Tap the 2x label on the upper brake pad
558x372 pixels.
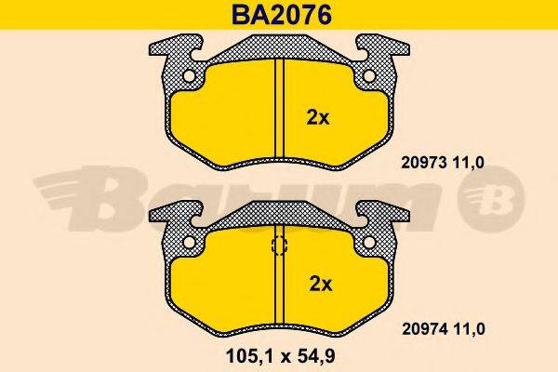[x=318, y=117]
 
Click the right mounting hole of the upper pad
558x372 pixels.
[x=369, y=76]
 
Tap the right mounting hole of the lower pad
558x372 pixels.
[x=369, y=243]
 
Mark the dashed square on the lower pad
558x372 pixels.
[x=278, y=246]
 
